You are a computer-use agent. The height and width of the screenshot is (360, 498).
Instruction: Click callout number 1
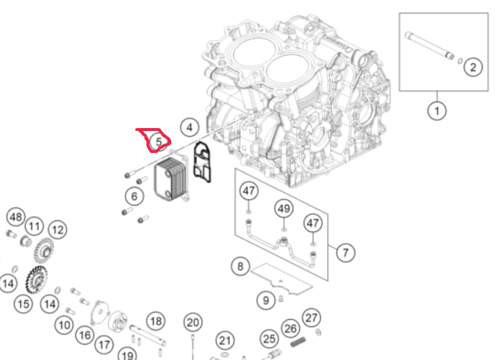(x=437, y=110)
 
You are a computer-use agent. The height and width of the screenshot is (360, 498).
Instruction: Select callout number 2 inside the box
(x=472, y=67)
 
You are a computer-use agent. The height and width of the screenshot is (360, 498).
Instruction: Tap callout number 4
(x=189, y=127)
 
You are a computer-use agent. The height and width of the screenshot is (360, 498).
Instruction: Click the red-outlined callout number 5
(x=158, y=141)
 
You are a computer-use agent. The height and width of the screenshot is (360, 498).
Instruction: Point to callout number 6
(x=133, y=196)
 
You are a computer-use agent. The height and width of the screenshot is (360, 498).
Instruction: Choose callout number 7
(x=345, y=252)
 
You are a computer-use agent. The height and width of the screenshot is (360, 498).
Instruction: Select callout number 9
(x=265, y=299)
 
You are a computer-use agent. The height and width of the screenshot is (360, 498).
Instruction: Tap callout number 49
(x=284, y=209)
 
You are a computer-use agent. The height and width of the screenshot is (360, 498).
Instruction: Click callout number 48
(x=15, y=217)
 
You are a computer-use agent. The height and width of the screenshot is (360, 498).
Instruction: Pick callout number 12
(x=57, y=230)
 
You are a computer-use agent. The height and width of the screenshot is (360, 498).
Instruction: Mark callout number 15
(x=23, y=302)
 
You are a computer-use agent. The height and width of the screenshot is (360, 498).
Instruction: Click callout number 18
(x=155, y=320)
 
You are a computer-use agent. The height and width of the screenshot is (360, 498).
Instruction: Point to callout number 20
(x=192, y=322)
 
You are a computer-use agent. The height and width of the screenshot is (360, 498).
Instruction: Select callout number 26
(x=290, y=329)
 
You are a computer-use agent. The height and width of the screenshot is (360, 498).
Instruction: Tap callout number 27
(x=312, y=317)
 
